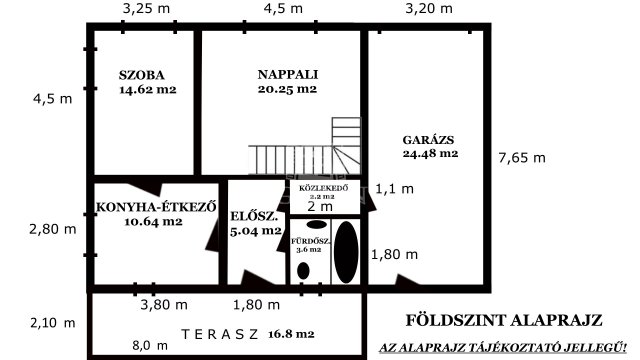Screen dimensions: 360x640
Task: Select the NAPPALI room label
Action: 286,74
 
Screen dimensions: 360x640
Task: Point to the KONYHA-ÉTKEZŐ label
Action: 157,207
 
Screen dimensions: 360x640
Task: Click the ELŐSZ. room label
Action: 248,215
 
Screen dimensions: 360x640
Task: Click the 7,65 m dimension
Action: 522,157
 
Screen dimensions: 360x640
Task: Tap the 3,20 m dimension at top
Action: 428,9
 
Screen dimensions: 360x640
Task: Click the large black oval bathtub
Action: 345,251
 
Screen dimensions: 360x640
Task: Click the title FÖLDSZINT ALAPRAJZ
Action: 503,321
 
